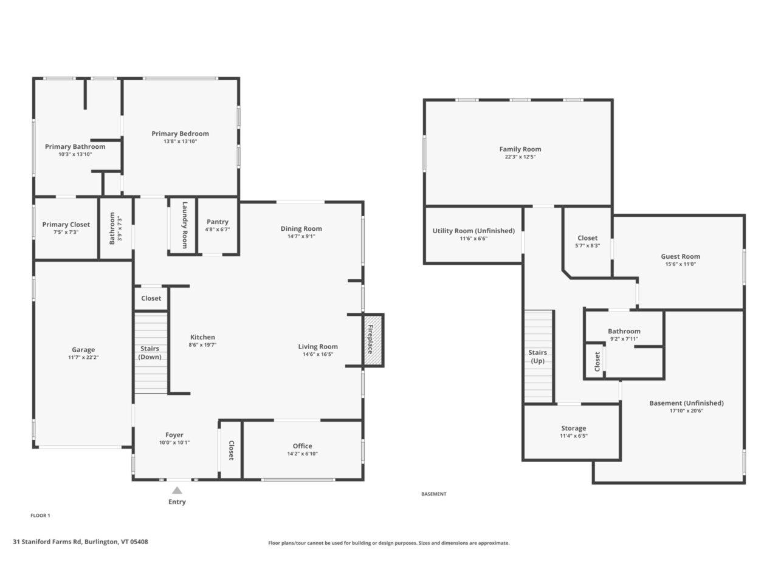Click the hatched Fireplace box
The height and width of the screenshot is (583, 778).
coord(373,339)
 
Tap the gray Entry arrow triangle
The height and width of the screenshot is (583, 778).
coord(177,490)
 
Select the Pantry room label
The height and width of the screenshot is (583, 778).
coord(217,222)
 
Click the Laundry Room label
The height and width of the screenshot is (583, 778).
coord(184,225)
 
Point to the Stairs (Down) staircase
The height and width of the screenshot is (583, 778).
coord(151,353)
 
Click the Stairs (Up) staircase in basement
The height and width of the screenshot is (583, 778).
coord(538,356)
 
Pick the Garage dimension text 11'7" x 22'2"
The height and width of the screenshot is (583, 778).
coord(83,357)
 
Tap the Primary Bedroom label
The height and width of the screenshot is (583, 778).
coord(180,134)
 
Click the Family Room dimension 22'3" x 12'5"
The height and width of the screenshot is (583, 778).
coord(520,157)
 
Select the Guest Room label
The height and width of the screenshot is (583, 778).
coord(680,256)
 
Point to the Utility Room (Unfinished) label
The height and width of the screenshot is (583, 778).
coord(473,231)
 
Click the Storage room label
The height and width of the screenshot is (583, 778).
coord(574,428)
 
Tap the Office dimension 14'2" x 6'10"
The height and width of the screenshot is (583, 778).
coord(302,454)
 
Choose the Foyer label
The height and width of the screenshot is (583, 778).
coord(174,435)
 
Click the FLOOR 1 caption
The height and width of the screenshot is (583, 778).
coord(40,516)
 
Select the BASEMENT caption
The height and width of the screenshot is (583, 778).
coord(433,494)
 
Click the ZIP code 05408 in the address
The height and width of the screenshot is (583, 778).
coord(139,542)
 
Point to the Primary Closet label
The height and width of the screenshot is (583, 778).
coord(66,225)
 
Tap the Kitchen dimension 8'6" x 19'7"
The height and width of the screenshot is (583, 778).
coord(202,344)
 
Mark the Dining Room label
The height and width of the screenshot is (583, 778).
coord(301,229)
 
